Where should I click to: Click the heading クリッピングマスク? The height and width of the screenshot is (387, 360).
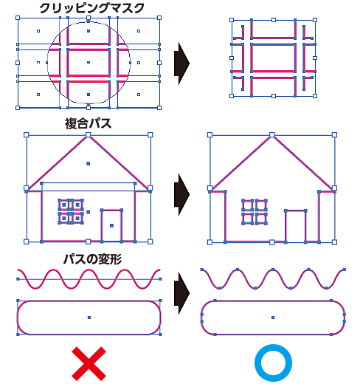[x=91, y=8]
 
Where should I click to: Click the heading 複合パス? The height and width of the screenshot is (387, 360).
[x=88, y=123]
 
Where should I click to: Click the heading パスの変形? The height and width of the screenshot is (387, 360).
[x=92, y=259]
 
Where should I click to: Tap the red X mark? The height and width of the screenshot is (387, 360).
[x=89, y=363]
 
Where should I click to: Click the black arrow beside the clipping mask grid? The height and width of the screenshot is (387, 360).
[x=181, y=64]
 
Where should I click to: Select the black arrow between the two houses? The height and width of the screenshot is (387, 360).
[x=181, y=194]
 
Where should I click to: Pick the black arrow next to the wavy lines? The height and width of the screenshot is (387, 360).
[x=181, y=293]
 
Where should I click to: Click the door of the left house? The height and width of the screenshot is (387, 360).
[x=111, y=225]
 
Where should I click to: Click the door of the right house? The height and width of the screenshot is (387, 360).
[x=295, y=226]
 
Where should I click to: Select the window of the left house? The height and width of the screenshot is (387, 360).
[x=71, y=211]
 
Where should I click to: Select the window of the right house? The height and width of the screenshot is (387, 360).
[x=255, y=212]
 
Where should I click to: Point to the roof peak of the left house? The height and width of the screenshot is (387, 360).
[x=88, y=135]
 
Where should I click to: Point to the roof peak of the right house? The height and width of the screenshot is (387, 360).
[x=272, y=135]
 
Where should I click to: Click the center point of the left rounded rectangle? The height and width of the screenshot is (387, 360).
[x=89, y=318]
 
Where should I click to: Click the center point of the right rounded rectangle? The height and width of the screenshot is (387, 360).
[x=273, y=318]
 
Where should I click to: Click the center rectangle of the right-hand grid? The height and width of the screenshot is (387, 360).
[x=273, y=58]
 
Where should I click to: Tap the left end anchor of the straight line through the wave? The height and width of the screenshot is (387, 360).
[x=18, y=279]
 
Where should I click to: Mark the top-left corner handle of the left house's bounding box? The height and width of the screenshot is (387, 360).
[x=26, y=134]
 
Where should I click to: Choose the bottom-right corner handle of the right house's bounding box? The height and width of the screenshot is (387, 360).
[x=334, y=242]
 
